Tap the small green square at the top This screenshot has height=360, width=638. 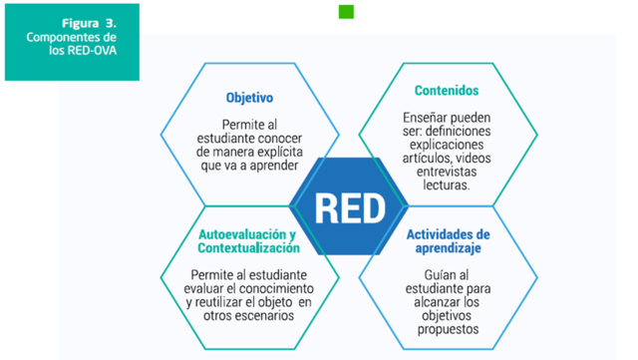[346, 12]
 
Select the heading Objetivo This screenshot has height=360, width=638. [249, 98]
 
